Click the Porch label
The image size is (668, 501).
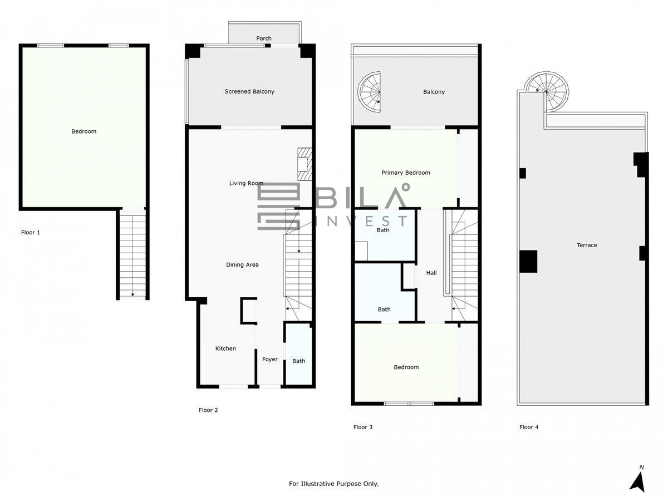point(263,38)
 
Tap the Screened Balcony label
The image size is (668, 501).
point(249,91)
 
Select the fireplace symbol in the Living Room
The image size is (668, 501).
point(304,164)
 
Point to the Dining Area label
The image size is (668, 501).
point(242,264)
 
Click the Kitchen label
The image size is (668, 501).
point(225,348)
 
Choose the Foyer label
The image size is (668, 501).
point(270,359)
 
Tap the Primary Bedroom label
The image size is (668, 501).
point(406,173)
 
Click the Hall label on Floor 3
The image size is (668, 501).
point(431,273)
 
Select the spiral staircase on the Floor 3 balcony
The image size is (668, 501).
point(369,92)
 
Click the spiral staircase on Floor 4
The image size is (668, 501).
point(548,92)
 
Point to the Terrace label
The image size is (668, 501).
point(587,245)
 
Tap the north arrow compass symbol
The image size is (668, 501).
point(637,482)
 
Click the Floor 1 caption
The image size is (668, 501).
point(31,232)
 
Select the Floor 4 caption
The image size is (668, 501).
point(529,427)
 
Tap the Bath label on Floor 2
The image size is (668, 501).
point(298,361)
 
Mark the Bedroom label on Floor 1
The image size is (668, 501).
point(83,131)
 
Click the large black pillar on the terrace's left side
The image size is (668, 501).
point(528,261)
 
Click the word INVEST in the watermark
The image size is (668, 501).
point(361,221)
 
